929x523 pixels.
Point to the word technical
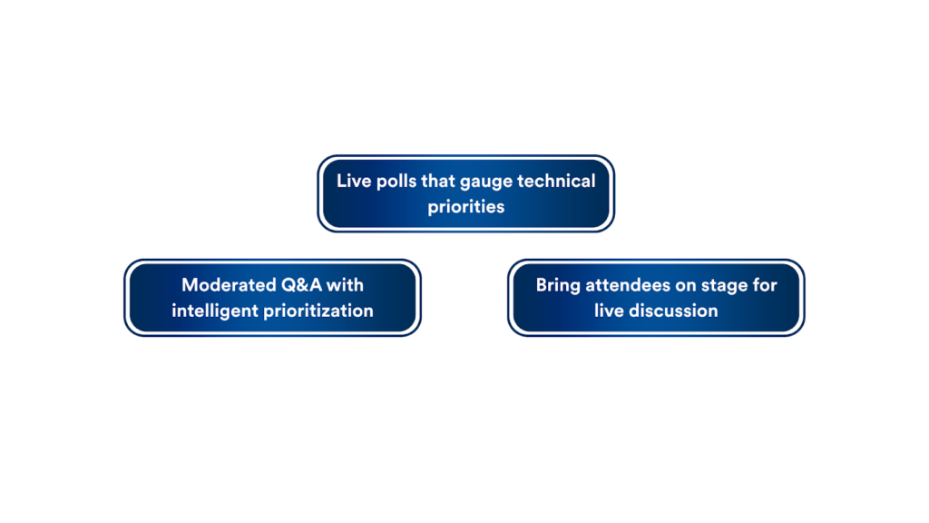click(x=556, y=181)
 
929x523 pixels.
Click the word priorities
click(x=466, y=207)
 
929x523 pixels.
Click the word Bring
click(x=558, y=285)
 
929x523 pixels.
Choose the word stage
click(x=724, y=286)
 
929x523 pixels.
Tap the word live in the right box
click(x=610, y=311)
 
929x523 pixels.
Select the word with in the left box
click(x=347, y=285)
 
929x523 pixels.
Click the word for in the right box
click(x=765, y=285)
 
